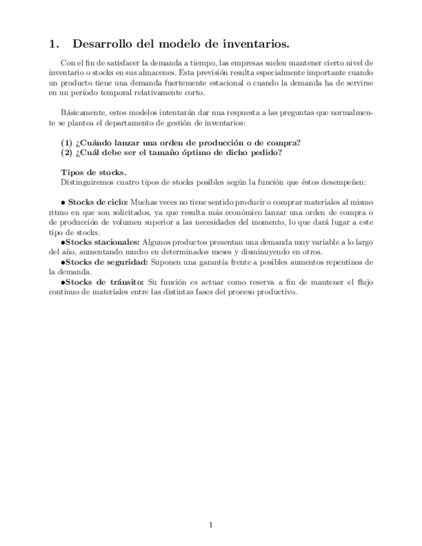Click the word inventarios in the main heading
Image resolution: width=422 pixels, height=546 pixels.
tap(256, 44)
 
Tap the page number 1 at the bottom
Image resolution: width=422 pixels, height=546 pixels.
tap(211, 525)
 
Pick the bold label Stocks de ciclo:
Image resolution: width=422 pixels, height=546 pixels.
tap(99, 202)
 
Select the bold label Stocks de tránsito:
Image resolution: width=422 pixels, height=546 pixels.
tap(104, 282)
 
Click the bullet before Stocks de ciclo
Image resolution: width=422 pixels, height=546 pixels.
tap(62, 202)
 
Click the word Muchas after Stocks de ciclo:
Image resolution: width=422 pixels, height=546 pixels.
tap(144, 202)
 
